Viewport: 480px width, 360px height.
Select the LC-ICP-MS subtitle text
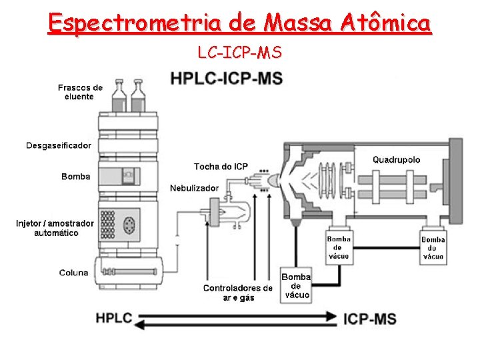[239, 51]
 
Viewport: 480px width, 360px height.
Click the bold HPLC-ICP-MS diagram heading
[227, 78]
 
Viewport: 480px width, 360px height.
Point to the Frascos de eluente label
[80, 92]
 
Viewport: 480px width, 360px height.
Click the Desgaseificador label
[59, 145]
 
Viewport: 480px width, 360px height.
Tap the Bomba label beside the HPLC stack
[75, 177]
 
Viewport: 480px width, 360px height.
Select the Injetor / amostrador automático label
[55, 228]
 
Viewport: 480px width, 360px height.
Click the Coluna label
[73, 272]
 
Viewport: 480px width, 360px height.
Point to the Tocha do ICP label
[221, 166]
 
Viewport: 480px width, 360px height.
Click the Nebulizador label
[194, 188]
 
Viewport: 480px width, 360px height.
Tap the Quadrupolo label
[396, 159]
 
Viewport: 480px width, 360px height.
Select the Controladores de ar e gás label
[238, 293]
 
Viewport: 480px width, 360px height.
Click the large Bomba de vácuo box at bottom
[296, 286]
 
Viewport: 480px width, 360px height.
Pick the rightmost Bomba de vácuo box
[433, 247]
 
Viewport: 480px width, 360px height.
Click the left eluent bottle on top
[119, 96]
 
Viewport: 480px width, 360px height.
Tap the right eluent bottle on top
[139, 96]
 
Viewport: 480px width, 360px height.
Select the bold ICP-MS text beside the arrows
[369, 318]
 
